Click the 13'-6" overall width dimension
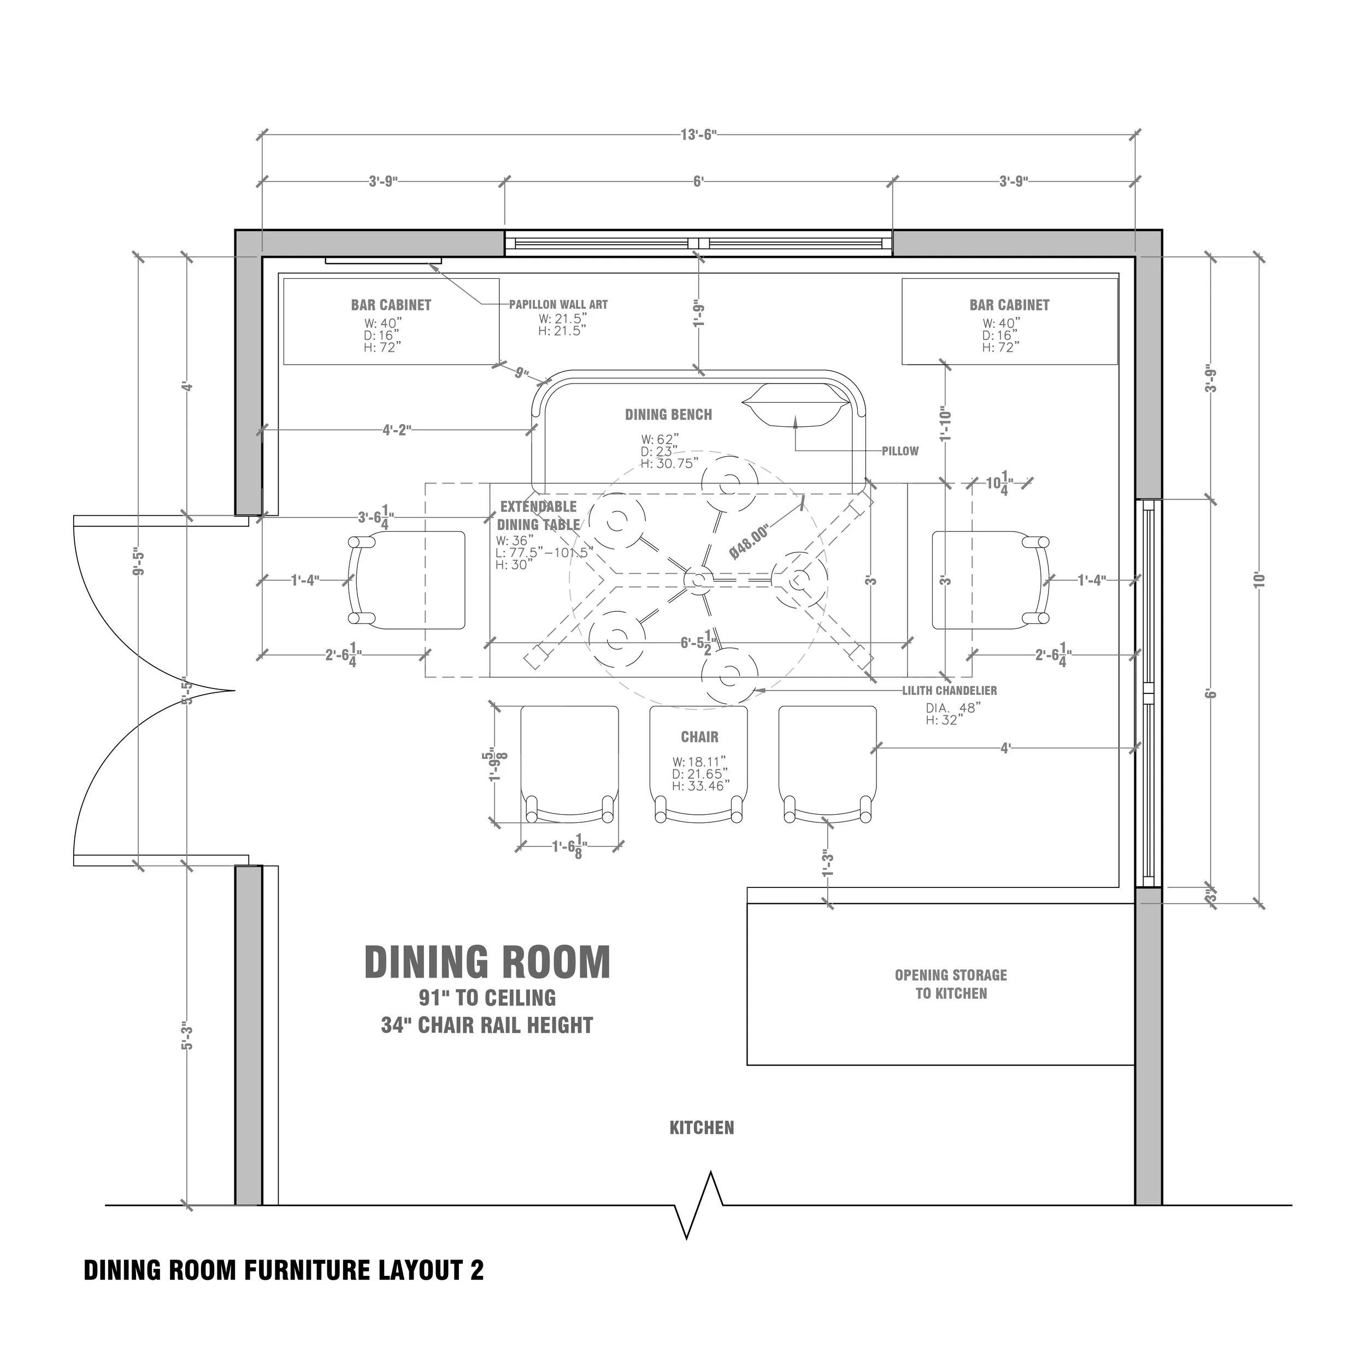click(698, 134)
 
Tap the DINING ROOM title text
click(487, 962)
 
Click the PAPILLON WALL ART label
click(558, 305)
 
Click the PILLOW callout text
click(899, 451)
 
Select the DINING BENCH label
click(668, 415)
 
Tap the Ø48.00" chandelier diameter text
click(750, 542)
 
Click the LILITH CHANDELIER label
click(949, 691)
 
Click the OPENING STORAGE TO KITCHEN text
click(951, 984)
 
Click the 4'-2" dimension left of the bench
click(397, 430)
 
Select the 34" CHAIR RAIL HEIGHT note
click(487, 1025)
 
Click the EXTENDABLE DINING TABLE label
click(539, 515)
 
